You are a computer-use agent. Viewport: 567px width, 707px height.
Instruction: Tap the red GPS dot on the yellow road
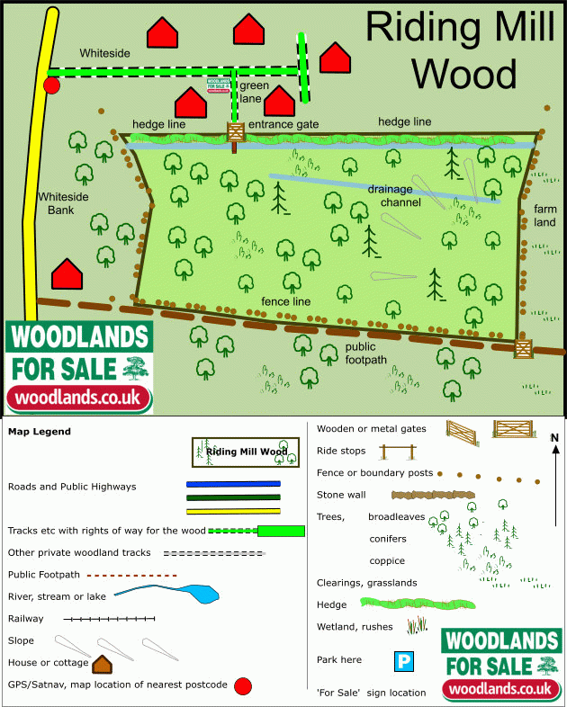point(51,85)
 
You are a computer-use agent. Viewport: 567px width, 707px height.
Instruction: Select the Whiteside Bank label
point(59,203)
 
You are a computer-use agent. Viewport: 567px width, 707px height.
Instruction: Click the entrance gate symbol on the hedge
point(236,131)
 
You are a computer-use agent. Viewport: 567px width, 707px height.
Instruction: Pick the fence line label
point(285,301)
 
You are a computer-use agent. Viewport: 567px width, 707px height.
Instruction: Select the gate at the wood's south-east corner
point(522,347)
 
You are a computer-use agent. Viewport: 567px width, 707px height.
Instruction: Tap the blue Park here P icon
point(404,661)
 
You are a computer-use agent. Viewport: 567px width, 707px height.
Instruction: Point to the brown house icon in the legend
point(102,664)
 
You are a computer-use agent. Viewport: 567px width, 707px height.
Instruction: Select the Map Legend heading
point(40,432)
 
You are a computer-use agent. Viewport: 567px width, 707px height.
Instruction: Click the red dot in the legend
point(242,686)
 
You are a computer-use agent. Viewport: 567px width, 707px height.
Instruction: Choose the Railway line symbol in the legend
point(110,619)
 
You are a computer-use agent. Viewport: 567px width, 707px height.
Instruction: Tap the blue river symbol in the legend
point(166,595)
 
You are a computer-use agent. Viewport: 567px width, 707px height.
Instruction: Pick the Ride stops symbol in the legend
point(400,452)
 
